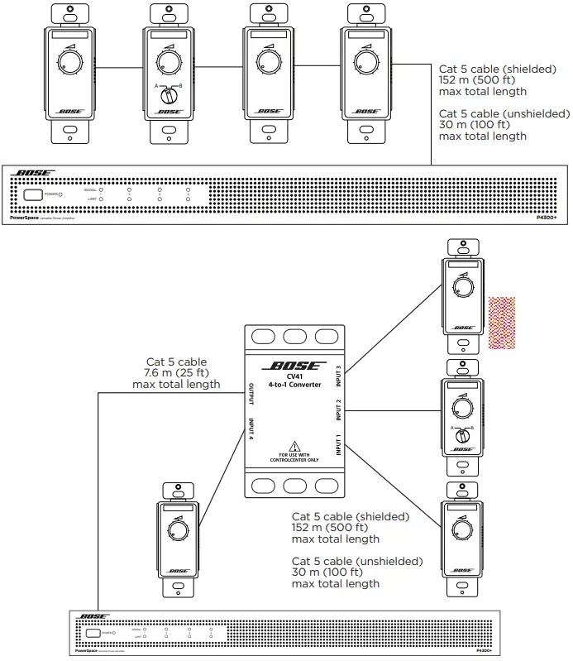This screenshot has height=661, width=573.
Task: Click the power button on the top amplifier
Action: click(34, 195)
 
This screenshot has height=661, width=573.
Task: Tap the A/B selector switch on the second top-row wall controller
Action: click(169, 93)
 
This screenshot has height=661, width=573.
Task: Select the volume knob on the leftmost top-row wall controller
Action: click(68, 62)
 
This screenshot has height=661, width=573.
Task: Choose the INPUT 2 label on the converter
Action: click(337, 410)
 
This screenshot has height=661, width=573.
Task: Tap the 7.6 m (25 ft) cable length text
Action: click(183, 373)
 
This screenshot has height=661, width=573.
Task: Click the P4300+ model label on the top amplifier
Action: click(547, 218)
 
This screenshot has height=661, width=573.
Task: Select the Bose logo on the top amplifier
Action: click(35, 174)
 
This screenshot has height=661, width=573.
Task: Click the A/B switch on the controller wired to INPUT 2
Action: click(464, 431)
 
